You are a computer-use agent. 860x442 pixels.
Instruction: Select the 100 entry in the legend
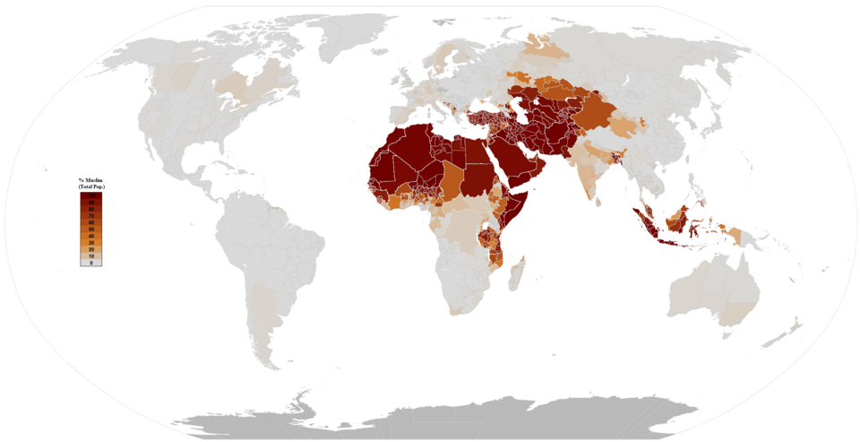pos(90,195)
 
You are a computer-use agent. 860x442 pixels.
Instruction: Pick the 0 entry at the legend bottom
pos(90,263)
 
